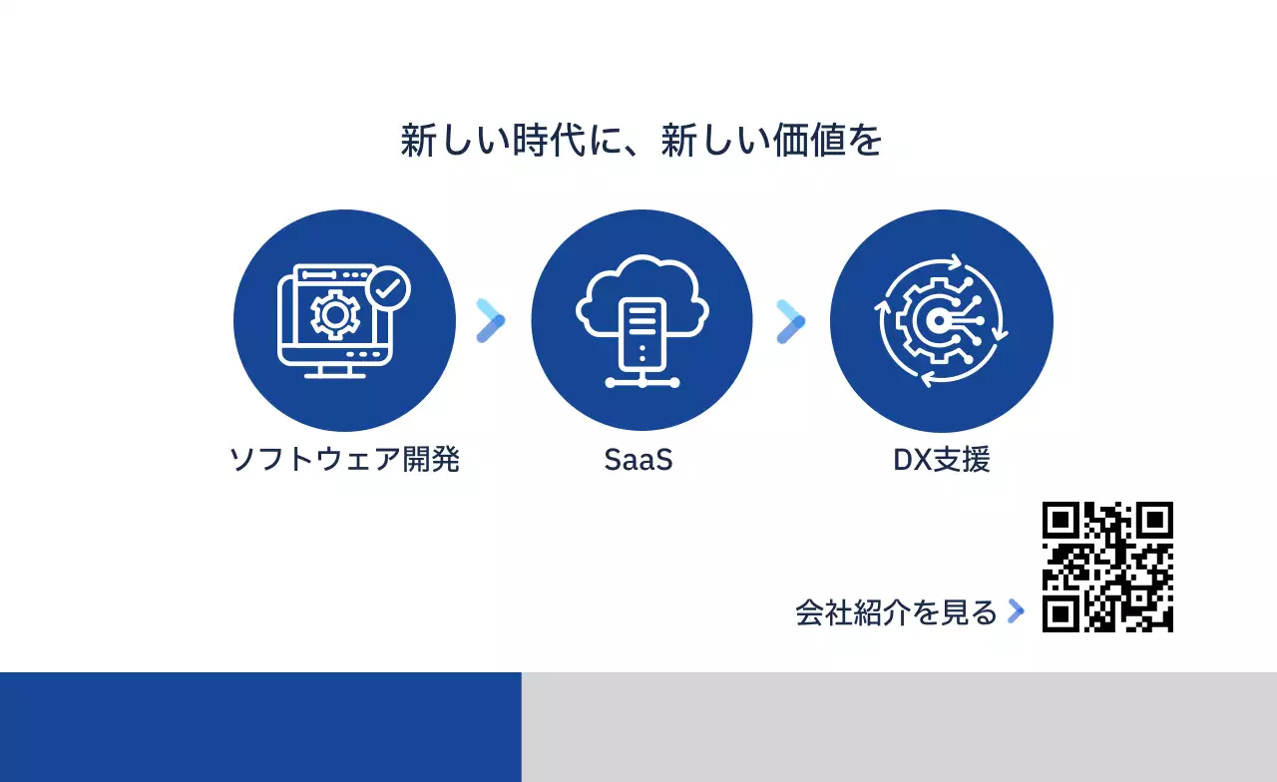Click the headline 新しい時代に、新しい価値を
[x=640, y=141]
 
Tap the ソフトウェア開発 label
[x=344, y=460]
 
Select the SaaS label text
[x=638, y=460]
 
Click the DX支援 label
[x=941, y=460]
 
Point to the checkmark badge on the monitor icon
[x=388, y=289]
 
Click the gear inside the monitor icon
[x=334, y=315]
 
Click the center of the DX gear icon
[x=938, y=320]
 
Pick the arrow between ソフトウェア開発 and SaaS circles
[x=491, y=320]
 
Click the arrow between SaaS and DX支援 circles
[x=790, y=320]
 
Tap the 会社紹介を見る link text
[x=896, y=612]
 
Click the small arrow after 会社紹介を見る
[x=1016, y=611]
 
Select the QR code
[x=1107, y=567]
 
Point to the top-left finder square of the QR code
[x=1061, y=520]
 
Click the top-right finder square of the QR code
[x=1155, y=520]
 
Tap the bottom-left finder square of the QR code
[x=1061, y=613]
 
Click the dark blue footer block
[x=259, y=726]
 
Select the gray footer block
[x=898, y=726]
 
